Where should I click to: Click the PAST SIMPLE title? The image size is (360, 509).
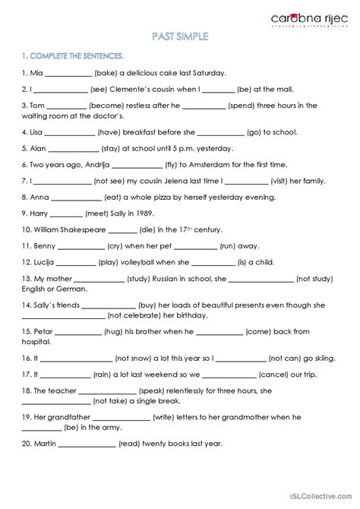(x=179, y=36)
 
